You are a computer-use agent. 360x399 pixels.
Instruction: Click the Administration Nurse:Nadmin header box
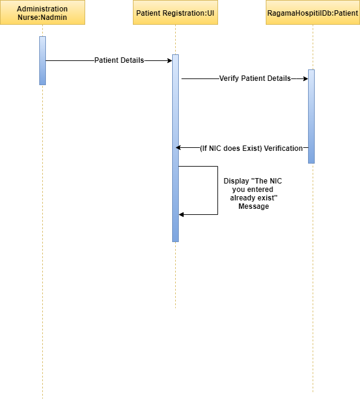tap(42, 12)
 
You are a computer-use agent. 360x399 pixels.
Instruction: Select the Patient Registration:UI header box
tap(175, 12)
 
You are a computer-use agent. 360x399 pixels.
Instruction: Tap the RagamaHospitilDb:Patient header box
tap(313, 12)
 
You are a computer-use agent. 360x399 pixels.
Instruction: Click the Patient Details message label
tap(119, 60)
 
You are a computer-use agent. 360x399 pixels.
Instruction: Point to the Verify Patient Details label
tap(255, 78)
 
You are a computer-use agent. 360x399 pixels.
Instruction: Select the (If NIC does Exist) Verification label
tap(251, 148)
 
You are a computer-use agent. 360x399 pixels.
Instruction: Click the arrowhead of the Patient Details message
tap(170, 60)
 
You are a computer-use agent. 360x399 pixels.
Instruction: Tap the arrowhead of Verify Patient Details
tap(306, 78)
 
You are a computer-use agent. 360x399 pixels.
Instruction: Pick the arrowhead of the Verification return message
tap(178, 148)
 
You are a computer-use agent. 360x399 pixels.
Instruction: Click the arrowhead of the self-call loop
tap(181, 214)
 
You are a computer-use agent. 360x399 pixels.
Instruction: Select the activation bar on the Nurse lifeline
tap(42, 60)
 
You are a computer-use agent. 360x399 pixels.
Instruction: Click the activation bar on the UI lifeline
tap(175, 148)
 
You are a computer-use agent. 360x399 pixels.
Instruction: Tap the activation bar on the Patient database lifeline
tap(311, 117)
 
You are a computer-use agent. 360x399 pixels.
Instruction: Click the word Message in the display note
tap(254, 206)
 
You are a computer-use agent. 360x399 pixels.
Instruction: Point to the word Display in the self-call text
tap(236, 181)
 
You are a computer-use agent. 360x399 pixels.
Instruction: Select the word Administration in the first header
tap(42, 9)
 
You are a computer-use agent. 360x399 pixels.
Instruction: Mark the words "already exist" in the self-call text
tap(254, 198)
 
